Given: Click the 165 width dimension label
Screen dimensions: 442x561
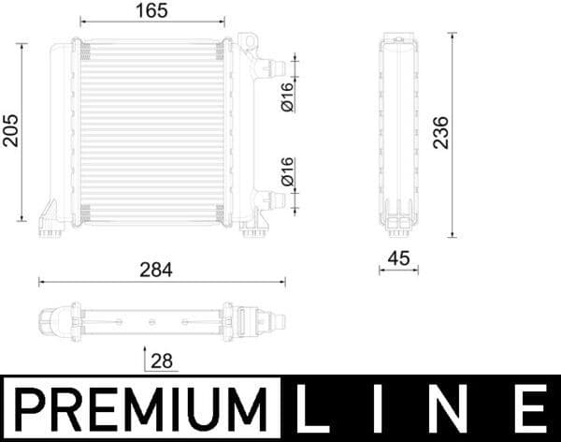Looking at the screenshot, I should [154, 11].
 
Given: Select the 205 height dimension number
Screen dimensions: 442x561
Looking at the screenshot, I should [10, 132].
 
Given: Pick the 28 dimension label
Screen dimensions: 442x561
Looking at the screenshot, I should [162, 360].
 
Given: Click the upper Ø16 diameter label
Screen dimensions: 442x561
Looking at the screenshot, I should [287, 96].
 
